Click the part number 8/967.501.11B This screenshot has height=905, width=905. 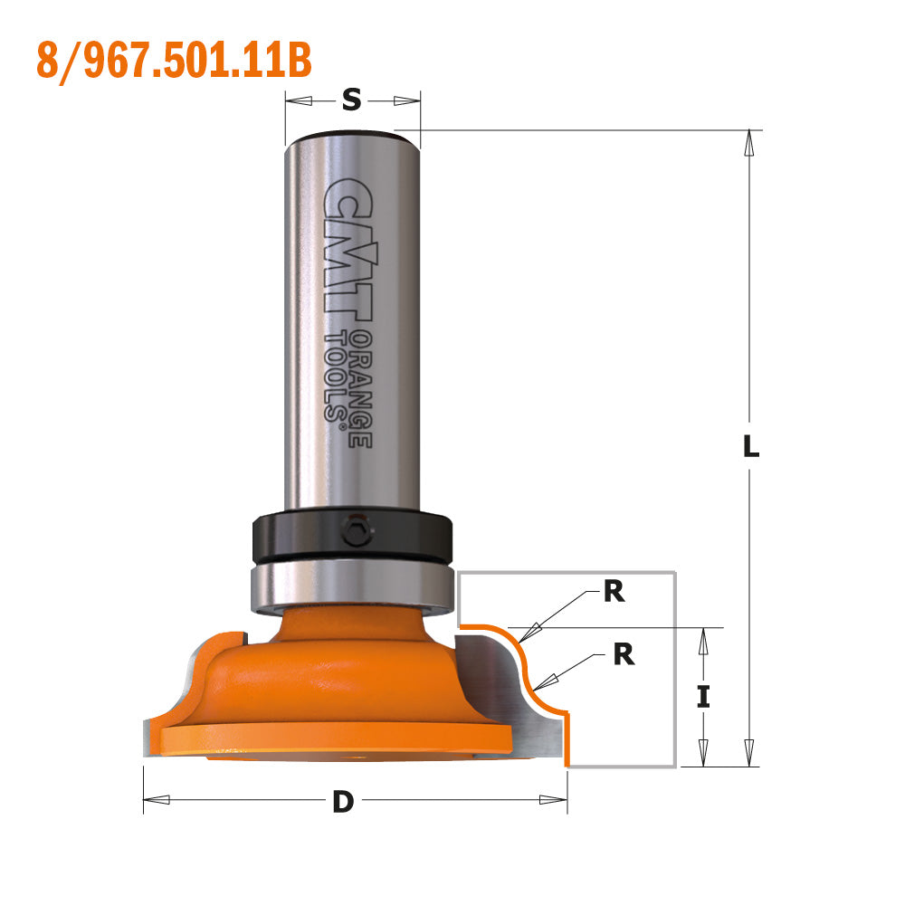click(x=174, y=60)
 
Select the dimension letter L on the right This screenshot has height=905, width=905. click(x=750, y=446)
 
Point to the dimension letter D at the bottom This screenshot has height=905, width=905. click(x=342, y=801)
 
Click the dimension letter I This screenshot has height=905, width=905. click(x=703, y=696)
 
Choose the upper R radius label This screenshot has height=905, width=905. click(x=614, y=593)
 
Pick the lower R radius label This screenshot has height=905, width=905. click(x=624, y=654)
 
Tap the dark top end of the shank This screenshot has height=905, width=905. click(x=352, y=138)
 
